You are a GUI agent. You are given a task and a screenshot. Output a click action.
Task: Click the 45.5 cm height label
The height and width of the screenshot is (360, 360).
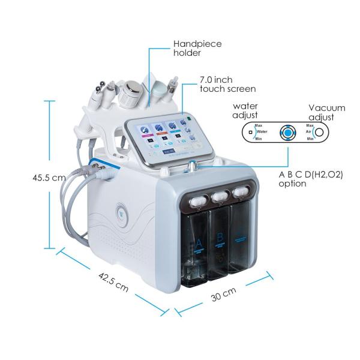[50, 178]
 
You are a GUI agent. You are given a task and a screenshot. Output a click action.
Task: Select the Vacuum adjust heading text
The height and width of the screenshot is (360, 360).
[326, 112]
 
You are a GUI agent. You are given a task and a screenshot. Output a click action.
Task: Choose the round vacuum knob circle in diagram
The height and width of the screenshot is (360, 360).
[320, 132]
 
